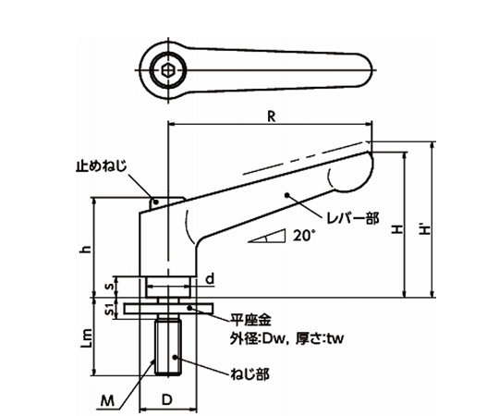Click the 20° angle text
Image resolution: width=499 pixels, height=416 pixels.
click(x=303, y=236)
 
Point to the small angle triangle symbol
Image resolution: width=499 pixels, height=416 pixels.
click(x=267, y=238)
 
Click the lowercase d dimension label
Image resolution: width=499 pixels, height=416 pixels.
click(x=211, y=277)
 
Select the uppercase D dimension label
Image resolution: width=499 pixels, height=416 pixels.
click(x=167, y=400)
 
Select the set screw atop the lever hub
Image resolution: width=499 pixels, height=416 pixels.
click(x=157, y=198)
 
